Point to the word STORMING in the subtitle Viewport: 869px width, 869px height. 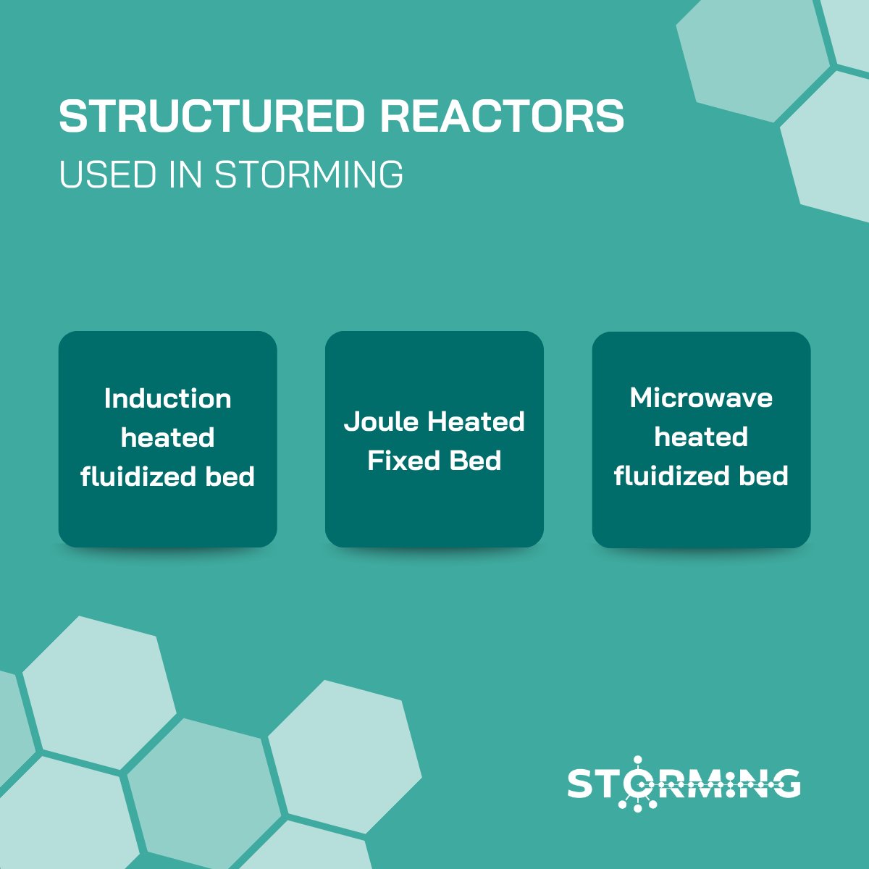309,175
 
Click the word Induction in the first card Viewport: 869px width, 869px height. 167,398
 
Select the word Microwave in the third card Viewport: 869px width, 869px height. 701,398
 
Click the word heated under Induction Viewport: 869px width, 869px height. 167,437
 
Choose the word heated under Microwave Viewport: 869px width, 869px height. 701,437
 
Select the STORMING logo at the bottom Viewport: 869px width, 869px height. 684,784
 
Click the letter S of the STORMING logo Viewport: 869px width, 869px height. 581,784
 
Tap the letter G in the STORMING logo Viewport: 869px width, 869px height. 786,784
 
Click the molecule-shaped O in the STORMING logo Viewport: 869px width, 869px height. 637,784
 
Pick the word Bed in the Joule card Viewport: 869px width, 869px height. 475,461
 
